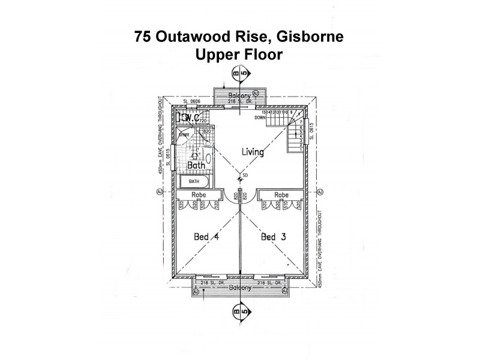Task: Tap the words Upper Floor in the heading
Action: point(239,55)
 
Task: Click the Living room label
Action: point(253,152)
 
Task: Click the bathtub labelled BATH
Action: point(194,181)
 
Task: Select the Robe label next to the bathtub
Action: point(199,196)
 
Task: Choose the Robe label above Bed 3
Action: point(281,196)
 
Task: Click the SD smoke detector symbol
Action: point(241,178)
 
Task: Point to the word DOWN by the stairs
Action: point(260,118)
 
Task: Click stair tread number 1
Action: point(292,149)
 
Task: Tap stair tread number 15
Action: point(264,112)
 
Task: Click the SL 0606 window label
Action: point(191,102)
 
